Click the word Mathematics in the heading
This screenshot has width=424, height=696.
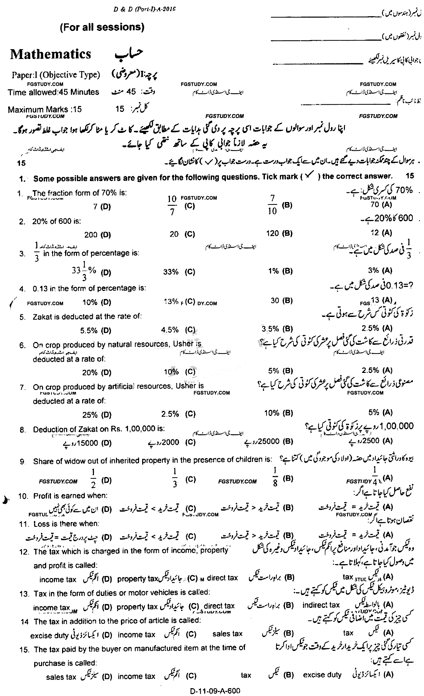51,54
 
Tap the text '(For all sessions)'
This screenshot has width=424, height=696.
102,27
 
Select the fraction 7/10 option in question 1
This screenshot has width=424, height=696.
272,205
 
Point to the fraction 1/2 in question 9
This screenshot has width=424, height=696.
94,478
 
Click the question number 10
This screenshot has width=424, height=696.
23,496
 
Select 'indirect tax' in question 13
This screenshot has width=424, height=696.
321,605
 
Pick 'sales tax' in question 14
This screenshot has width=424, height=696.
227,634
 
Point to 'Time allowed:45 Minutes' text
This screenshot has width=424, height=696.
54,92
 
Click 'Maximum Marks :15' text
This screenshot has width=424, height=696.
45,110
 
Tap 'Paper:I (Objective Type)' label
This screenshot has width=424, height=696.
56,75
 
